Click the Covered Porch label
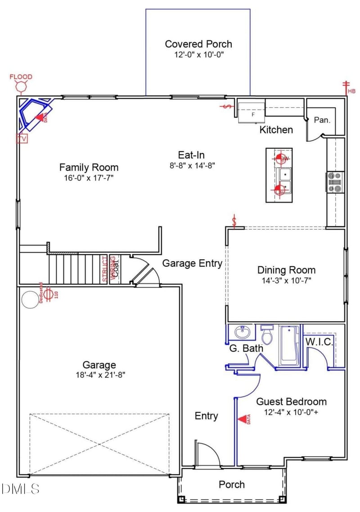(x=198, y=44)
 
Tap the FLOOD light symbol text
(x=21, y=77)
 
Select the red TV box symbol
(x=22, y=139)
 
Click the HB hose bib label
(x=351, y=91)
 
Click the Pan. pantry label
(x=322, y=120)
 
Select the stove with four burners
(x=335, y=182)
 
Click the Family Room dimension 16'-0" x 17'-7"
(x=89, y=178)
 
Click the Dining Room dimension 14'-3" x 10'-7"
(x=286, y=280)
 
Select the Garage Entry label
(x=192, y=263)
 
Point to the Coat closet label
(x=116, y=269)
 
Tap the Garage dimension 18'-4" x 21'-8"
(x=99, y=375)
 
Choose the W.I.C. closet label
(x=319, y=342)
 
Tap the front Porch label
(x=232, y=485)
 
